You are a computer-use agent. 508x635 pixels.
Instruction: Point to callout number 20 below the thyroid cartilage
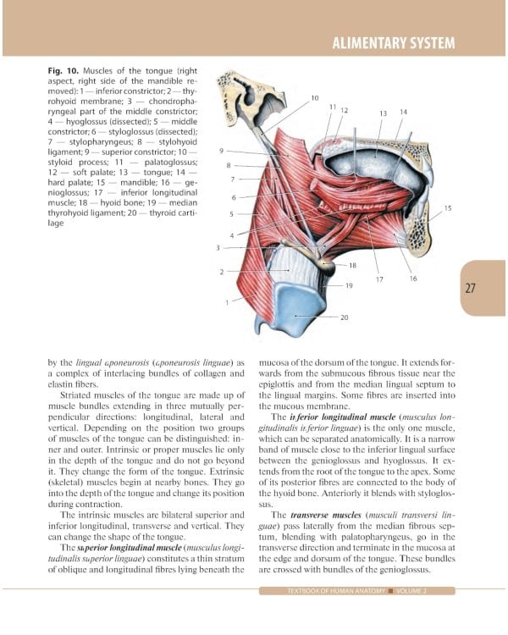[345, 317]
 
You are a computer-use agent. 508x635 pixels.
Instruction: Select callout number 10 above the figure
[315, 98]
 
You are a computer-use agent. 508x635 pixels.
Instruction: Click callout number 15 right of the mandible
[448, 207]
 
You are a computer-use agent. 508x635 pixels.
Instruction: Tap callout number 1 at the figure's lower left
[226, 302]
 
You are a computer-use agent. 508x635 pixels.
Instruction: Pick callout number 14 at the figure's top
[403, 112]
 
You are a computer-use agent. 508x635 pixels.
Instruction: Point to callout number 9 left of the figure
[221, 150]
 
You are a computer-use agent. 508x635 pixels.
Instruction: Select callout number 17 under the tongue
[379, 279]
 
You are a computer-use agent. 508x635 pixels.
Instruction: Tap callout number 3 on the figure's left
[218, 247]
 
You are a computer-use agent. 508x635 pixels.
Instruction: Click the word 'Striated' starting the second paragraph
[77, 395]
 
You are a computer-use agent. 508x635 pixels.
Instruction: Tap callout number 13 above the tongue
[383, 113]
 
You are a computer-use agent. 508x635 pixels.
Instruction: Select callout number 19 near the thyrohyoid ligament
[349, 286]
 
